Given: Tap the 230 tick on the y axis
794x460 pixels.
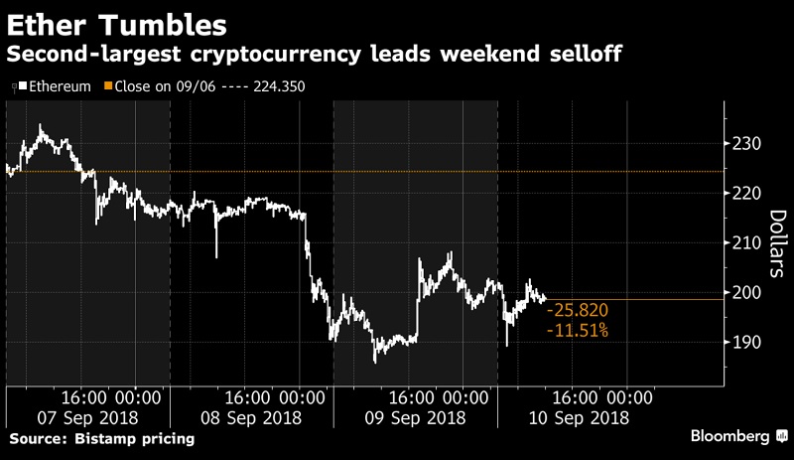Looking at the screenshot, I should (x=745, y=144).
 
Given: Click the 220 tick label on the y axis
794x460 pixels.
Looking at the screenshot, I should (x=745, y=194).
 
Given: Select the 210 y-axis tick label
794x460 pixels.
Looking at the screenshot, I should (x=745, y=243).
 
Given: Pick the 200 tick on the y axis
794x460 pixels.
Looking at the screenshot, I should (x=745, y=293).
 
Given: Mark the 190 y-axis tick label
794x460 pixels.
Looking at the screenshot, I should (x=745, y=343).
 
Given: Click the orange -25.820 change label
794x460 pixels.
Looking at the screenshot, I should (x=580, y=310).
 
